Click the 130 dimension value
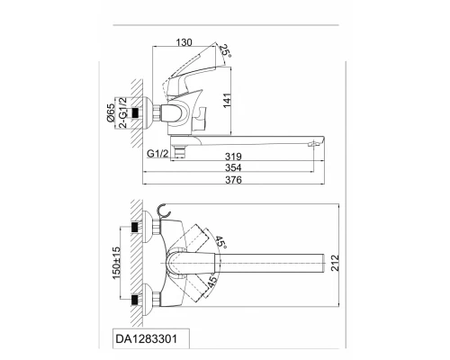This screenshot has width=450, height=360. pyautogui.click(x=184, y=42)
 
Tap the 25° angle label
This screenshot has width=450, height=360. pyautogui.click(x=225, y=50)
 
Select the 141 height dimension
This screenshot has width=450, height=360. pyautogui.click(x=227, y=101)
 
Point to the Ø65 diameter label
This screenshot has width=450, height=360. pyautogui.click(x=111, y=112)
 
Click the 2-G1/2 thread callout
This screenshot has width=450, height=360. pyautogui.click(x=123, y=112)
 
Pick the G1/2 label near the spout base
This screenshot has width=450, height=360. pyautogui.click(x=157, y=154)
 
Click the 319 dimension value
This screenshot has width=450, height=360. pyautogui.click(x=233, y=157)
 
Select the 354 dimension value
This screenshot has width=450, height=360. pyautogui.click(x=233, y=167)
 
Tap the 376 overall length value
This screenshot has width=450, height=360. pyautogui.click(x=233, y=180)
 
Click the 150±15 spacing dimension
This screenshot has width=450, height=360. pyautogui.click(x=116, y=263)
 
